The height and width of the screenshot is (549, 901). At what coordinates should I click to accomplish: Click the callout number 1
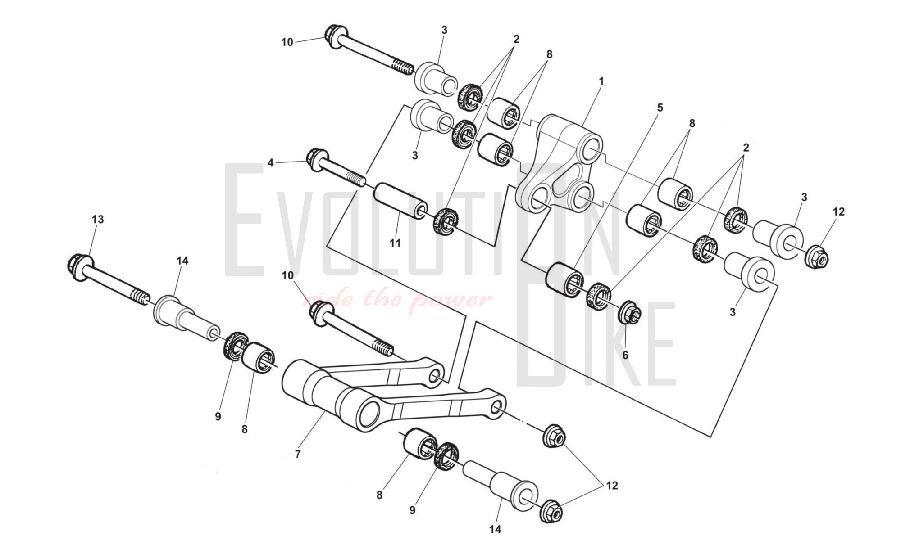tap(601, 81)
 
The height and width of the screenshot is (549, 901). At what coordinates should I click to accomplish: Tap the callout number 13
tap(98, 219)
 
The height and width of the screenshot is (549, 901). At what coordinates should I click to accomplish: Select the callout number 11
tap(395, 243)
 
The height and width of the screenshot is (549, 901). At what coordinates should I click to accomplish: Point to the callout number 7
tap(298, 454)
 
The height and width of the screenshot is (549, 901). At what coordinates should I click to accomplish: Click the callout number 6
tap(625, 355)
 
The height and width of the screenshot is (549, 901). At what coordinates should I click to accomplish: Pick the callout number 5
tap(660, 108)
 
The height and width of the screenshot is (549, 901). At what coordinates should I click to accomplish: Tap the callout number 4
tap(271, 163)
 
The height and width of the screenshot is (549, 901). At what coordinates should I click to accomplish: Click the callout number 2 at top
tap(516, 39)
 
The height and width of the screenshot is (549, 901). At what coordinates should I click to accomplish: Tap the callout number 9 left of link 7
tap(218, 417)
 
